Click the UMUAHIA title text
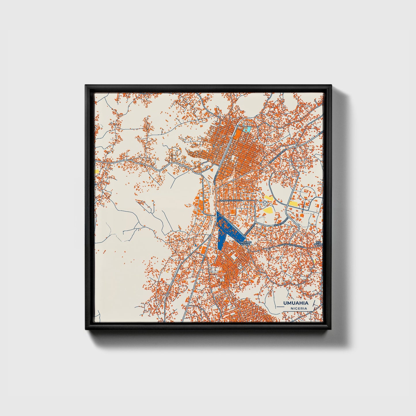[x=296, y=303]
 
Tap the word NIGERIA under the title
[x=299, y=308]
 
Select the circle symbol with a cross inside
[x=265, y=204]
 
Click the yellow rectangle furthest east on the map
[x=294, y=204]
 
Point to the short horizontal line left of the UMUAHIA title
[x=278, y=307]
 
